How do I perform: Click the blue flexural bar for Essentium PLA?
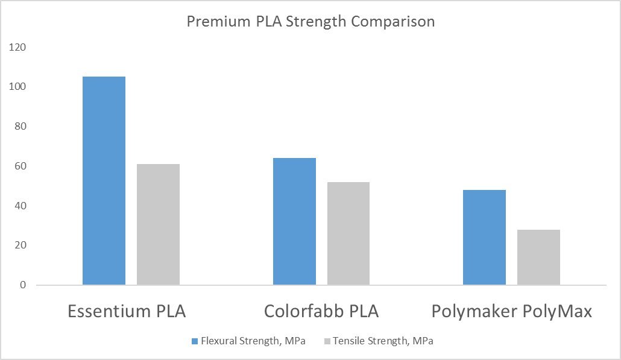coord(104,180)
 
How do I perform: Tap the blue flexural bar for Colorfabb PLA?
coord(294,221)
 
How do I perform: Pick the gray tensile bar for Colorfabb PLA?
coord(348,233)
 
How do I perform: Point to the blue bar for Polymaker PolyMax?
coord(484,237)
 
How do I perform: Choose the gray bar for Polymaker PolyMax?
coord(538,257)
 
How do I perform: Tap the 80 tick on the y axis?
coord(21,127)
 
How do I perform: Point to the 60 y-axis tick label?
coord(21,166)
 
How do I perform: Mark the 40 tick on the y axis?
coord(21,206)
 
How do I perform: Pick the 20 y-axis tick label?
coord(21,245)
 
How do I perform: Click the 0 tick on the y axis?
coord(24,285)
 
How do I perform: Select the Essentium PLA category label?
coord(127,312)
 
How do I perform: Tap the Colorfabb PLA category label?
coord(321,312)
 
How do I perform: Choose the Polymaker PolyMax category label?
coord(512,312)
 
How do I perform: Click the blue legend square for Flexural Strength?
coord(195,341)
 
